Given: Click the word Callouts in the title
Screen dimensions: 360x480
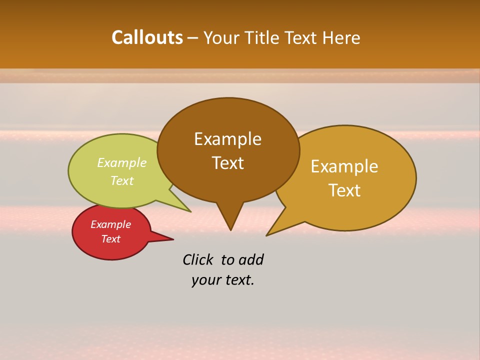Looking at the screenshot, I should pos(147,37).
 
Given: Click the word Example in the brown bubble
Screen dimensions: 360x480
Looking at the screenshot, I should pos(227,139).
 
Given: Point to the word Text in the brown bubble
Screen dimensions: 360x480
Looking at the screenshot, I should pos(227,163).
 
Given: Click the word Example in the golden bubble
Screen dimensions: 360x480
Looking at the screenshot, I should pos(344,166).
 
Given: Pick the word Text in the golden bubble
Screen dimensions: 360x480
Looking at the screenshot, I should pos(344,190).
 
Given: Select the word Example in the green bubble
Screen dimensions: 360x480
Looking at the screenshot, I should pos(122,163).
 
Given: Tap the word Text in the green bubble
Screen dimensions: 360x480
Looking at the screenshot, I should pos(122,180).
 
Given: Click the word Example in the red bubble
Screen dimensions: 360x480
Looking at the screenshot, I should pos(111,224).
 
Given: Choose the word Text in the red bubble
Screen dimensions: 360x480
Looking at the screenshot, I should pos(111,239).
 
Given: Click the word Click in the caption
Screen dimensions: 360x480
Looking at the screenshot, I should pos(198,259).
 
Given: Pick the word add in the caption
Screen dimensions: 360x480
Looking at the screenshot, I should pos(251,259).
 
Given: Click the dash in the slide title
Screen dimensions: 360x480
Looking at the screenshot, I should pos(193,38).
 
